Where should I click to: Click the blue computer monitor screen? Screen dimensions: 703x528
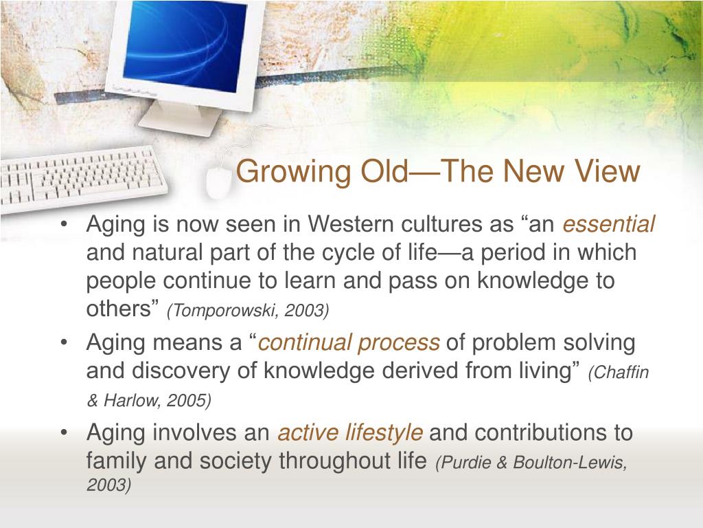pos(185,46)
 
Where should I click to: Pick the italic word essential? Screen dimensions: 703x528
pos(608,223)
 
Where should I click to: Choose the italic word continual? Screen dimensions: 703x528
pos(304,342)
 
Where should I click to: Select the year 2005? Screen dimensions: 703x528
pos(186,400)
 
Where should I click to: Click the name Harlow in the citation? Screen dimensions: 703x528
pos(130,400)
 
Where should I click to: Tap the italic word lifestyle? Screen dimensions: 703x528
pos(384,433)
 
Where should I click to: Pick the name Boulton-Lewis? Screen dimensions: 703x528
pos(569,462)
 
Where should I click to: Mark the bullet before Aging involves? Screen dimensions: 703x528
pos(65,433)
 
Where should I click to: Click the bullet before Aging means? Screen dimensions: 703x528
pos(65,342)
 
